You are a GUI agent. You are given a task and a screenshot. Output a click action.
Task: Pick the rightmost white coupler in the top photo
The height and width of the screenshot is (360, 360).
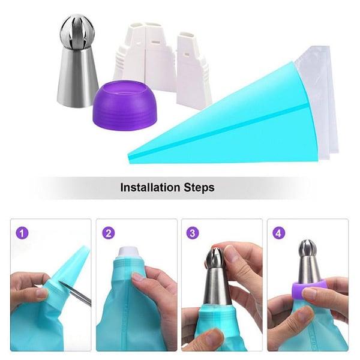pos(194,66)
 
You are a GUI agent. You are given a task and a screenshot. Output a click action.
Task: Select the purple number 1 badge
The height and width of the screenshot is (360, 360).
pos(22,232)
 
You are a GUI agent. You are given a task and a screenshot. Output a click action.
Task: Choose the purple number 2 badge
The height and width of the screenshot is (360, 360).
pos(109,232)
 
